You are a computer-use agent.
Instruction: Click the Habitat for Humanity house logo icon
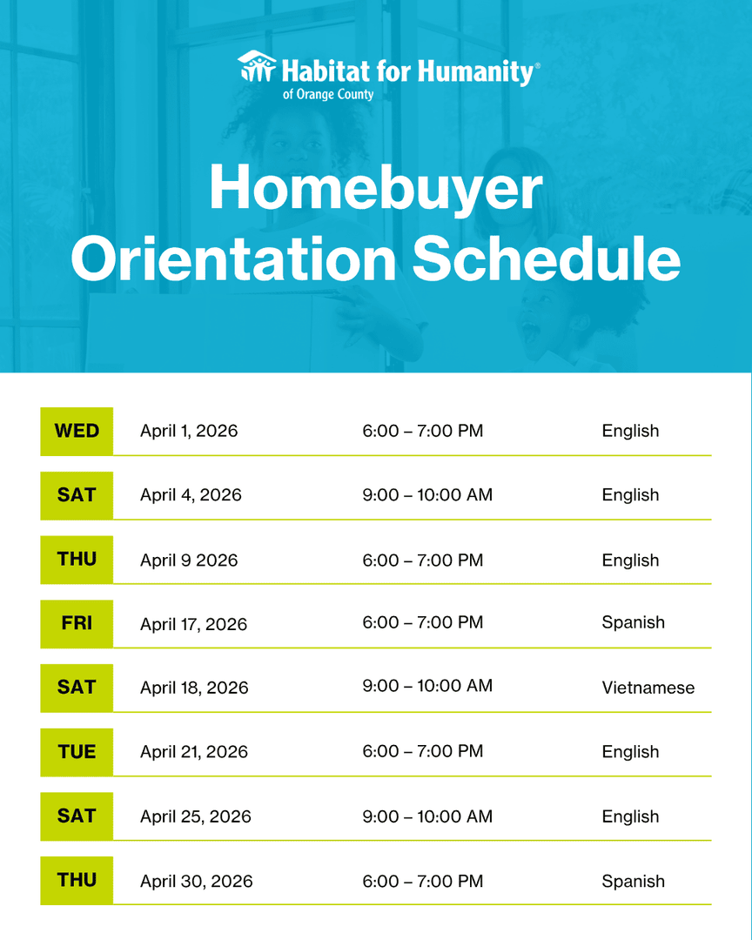click(x=257, y=67)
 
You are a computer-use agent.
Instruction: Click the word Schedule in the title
click(x=546, y=258)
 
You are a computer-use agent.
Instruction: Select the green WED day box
click(x=77, y=431)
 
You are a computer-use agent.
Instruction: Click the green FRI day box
click(x=77, y=623)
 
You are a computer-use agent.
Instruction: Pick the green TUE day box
click(x=77, y=752)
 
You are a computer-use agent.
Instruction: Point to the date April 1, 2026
click(x=189, y=431)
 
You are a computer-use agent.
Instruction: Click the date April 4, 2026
click(x=191, y=495)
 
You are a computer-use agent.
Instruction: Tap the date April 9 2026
click(x=189, y=560)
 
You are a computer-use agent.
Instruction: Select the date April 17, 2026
click(x=193, y=624)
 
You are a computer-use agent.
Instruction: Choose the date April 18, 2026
click(x=194, y=688)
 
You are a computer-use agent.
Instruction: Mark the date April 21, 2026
click(x=194, y=752)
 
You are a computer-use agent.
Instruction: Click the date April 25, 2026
click(x=196, y=816)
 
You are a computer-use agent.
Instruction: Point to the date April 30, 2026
click(x=197, y=881)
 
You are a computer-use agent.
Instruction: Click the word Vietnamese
click(x=648, y=688)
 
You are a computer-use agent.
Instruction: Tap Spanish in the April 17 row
click(x=633, y=622)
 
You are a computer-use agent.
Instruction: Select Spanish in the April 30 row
click(x=633, y=881)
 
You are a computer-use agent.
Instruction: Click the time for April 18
click(x=427, y=686)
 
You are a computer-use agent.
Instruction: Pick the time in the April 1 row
click(x=423, y=431)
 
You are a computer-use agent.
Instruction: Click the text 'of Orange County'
click(x=328, y=94)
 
